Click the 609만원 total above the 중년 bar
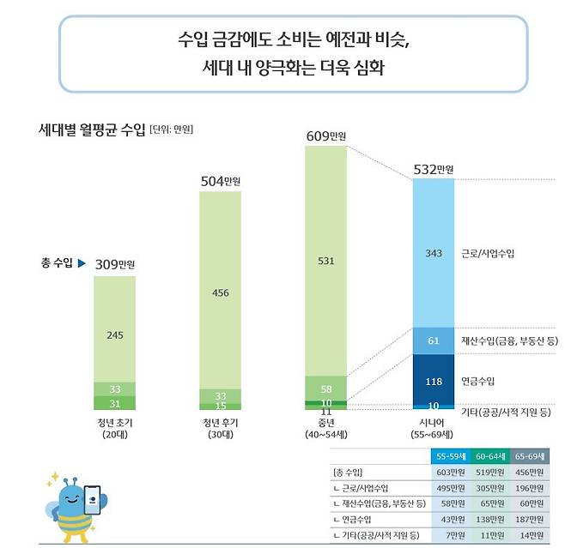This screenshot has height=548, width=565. (x=326, y=135)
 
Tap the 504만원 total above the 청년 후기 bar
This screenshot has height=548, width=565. (x=221, y=181)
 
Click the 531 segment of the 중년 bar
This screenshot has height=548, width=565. (x=326, y=262)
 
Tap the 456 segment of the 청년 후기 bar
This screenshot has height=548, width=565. (x=221, y=292)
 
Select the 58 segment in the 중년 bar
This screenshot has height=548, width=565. (x=326, y=388)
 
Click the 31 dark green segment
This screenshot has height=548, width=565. (x=114, y=404)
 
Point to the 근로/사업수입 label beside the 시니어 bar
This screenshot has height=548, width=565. (x=489, y=254)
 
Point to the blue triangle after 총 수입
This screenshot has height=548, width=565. (x=81, y=262)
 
